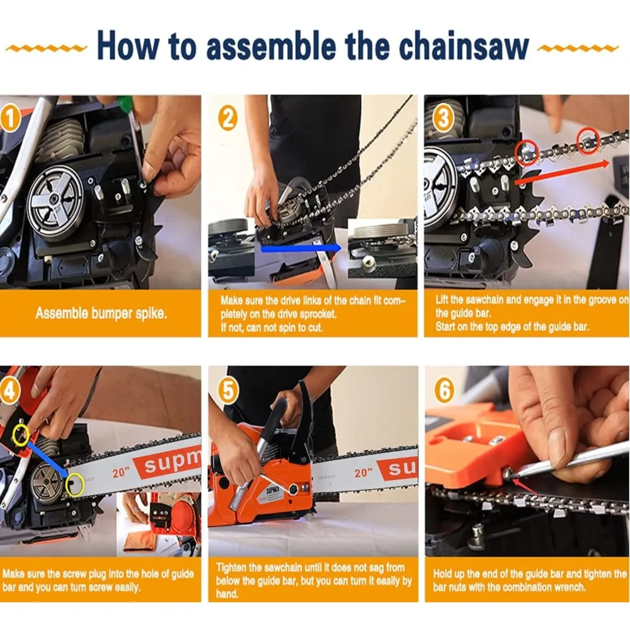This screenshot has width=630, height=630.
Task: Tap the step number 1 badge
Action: [9, 119]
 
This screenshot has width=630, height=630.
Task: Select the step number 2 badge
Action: [228, 118]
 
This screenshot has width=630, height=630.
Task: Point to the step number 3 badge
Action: [444, 118]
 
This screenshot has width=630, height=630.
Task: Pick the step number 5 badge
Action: [228, 391]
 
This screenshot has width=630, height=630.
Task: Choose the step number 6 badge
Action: [444, 390]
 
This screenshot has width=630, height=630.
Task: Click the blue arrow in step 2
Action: [301, 248]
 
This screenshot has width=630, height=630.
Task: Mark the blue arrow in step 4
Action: [48, 458]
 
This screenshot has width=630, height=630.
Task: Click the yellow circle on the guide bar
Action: [74, 484]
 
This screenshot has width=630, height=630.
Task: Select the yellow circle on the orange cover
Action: [21, 434]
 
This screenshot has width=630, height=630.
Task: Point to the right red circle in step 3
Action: [588, 141]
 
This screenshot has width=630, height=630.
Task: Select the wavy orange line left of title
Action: [46, 49]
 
